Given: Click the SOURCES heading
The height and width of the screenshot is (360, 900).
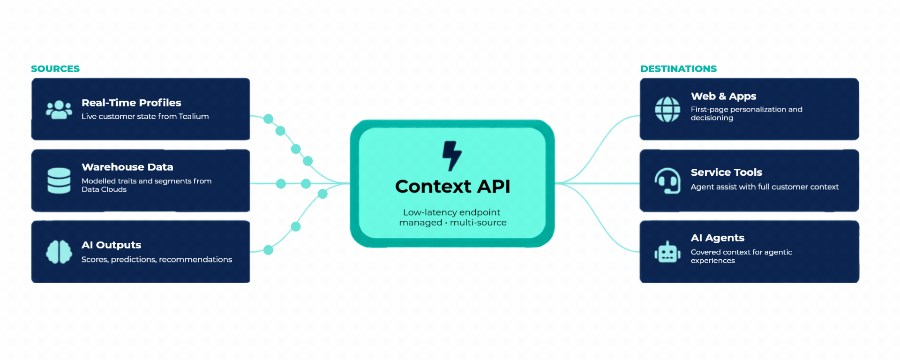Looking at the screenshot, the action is (55, 69).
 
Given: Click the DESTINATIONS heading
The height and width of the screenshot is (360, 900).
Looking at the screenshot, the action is (678, 69).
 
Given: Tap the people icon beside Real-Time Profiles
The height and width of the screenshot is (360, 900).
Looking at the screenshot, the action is (59, 110).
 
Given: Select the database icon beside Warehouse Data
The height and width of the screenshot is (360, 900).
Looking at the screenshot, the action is (59, 180).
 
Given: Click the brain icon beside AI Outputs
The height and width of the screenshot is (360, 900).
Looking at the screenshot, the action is (59, 252).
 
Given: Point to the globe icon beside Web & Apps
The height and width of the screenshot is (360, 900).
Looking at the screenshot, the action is (667, 109).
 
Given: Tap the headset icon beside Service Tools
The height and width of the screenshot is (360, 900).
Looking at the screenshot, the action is (667, 180).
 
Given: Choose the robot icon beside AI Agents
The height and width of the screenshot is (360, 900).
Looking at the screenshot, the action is (667, 252).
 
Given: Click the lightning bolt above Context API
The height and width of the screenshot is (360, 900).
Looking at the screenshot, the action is (452, 156).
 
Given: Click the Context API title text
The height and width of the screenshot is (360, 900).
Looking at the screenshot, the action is (452, 187).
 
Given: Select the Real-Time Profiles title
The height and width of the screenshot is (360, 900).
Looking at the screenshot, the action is (131, 103).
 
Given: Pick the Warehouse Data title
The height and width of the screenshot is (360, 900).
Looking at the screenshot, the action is (127, 167).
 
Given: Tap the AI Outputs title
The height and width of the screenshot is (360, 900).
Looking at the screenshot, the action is (111, 245).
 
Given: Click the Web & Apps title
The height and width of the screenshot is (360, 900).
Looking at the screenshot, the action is (723, 96).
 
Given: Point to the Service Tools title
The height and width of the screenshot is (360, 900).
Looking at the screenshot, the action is (727, 172).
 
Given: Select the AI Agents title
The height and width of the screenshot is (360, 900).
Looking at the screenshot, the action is (718, 238).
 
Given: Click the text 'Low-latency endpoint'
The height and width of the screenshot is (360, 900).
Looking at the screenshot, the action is (451, 212).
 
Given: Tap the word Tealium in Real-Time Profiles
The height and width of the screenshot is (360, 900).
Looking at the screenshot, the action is (194, 116).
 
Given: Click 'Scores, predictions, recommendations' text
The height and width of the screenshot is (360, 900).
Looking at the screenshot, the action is (157, 260).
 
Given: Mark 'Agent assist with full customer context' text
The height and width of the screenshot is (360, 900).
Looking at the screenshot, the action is (765, 187).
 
